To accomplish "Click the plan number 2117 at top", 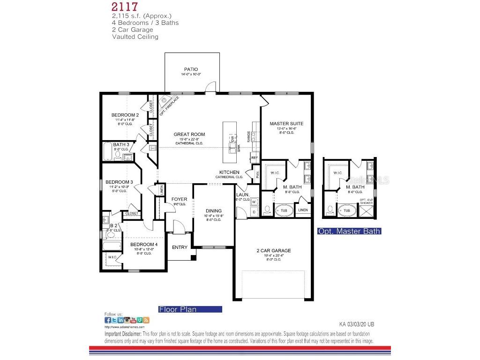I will tap(124, 7).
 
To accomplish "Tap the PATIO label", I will tap(191, 69).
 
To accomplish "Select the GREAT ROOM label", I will tap(189, 135).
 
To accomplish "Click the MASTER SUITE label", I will tap(286, 124).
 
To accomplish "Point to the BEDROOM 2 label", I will tap(125, 115).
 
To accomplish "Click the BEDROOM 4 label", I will tap(144, 245).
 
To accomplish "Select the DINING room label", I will tap(213, 211).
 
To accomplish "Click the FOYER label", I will tap(179, 199).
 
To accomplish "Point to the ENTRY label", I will tap(180, 247).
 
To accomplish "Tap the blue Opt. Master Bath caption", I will tap(349, 231).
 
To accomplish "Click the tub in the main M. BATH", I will tap(283, 210).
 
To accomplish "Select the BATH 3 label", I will tap(121, 144).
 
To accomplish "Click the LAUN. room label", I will tap(242, 195).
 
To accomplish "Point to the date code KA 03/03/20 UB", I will tap(356, 324).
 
